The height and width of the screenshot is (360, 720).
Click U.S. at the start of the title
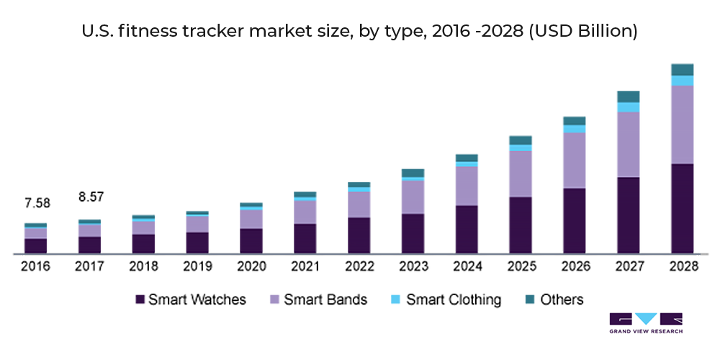click(92, 32)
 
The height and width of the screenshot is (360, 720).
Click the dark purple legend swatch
click(130, 294)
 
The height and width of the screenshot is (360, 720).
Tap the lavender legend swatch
click(269, 294)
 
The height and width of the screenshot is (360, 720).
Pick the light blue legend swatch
click(391, 294)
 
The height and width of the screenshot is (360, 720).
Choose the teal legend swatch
click(526, 294)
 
